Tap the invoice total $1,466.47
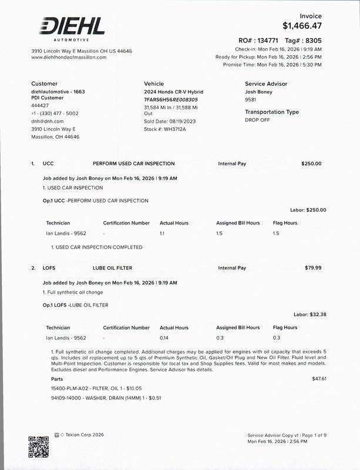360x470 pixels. (302, 26)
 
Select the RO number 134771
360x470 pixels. (265, 41)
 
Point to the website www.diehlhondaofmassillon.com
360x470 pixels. (69, 58)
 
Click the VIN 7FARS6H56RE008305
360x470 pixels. (171, 100)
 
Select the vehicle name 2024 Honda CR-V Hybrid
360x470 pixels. (173, 92)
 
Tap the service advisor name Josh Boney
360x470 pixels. (258, 92)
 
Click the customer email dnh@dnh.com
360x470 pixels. (47, 121)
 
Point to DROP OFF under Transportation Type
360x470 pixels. (257, 120)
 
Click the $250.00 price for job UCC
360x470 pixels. (311, 163)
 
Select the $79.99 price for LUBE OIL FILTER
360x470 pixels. (313, 268)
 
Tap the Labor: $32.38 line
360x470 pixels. (309, 314)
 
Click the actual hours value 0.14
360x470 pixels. (164, 338)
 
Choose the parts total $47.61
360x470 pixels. (319, 379)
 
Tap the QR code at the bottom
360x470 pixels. (39, 447)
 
